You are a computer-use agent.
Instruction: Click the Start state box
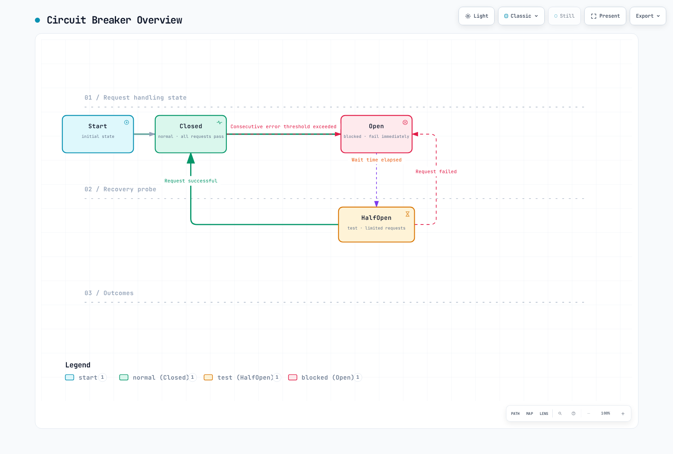(x=98, y=134)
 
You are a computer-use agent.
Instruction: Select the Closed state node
(x=191, y=134)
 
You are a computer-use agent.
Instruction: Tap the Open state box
(x=376, y=134)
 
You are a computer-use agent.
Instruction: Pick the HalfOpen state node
(x=376, y=224)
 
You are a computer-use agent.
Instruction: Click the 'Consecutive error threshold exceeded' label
(x=284, y=127)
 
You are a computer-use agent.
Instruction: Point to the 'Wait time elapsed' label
(x=376, y=160)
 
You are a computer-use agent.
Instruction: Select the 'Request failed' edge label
(x=436, y=172)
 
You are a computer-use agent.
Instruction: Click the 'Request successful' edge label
(x=191, y=181)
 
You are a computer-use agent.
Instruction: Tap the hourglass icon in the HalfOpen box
(x=408, y=214)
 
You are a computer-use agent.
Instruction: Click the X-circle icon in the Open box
(x=405, y=122)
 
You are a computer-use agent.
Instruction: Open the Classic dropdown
(x=521, y=16)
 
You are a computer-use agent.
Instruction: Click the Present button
(x=605, y=16)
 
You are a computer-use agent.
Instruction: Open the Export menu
(x=648, y=16)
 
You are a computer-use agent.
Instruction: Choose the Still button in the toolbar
(x=564, y=16)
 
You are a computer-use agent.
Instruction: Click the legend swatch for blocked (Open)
(x=293, y=377)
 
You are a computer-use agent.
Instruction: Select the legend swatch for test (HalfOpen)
(x=208, y=377)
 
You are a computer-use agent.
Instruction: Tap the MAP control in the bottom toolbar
(x=530, y=414)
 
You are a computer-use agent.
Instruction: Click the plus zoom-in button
(x=623, y=414)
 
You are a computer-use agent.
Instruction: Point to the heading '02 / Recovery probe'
(x=120, y=189)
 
